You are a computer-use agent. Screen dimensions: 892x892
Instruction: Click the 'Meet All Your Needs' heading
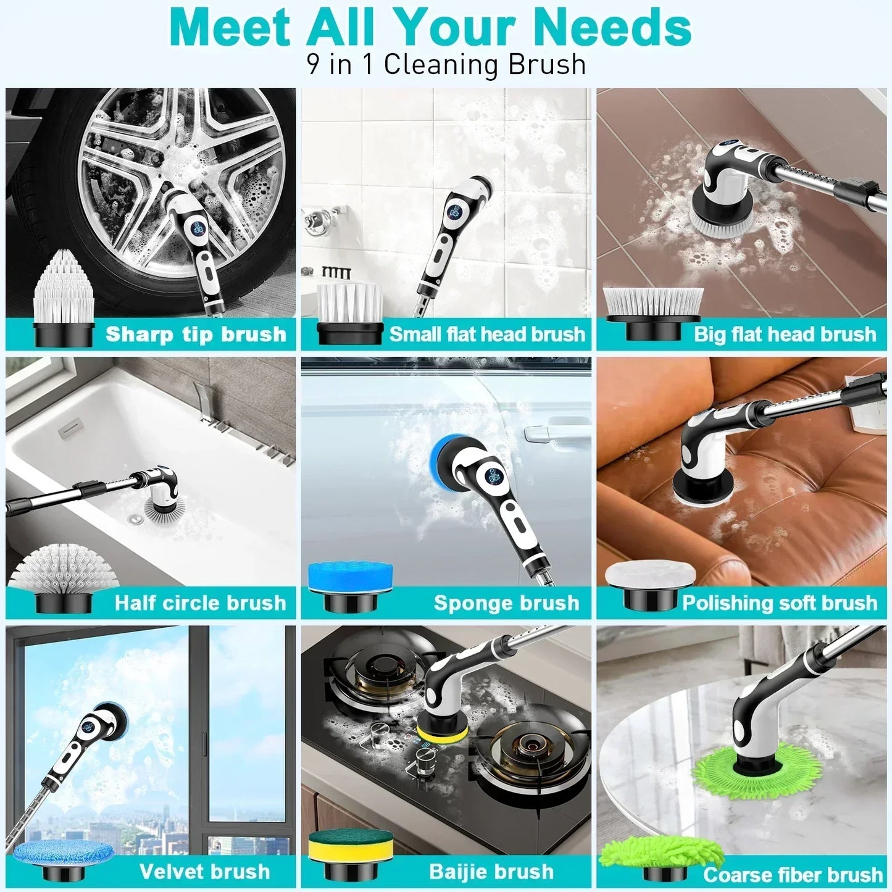(x=430, y=28)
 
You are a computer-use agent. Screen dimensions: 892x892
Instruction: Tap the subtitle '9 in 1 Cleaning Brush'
(x=446, y=65)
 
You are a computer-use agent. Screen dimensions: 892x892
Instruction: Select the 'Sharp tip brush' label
(x=196, y=335)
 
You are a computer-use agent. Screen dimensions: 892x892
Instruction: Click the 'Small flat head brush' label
(x=486, y=335)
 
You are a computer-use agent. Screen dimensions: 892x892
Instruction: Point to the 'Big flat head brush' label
(x=785, y=335)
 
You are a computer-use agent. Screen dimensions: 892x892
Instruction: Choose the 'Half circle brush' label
(x=200, y=603)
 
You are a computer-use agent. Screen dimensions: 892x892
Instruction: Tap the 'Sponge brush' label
(x=506, y=603)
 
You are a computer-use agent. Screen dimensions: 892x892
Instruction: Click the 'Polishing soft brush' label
(x=779, y=603)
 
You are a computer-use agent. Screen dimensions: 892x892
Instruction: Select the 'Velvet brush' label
(x=204, y=872)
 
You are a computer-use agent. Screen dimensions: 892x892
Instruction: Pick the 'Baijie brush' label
(x=491, y=872)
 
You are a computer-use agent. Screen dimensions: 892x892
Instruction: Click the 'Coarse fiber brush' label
(x=793, y=875)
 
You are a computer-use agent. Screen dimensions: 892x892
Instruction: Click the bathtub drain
(x=135, y=520)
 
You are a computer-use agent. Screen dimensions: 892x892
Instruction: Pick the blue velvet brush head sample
(x=64, y=852)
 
